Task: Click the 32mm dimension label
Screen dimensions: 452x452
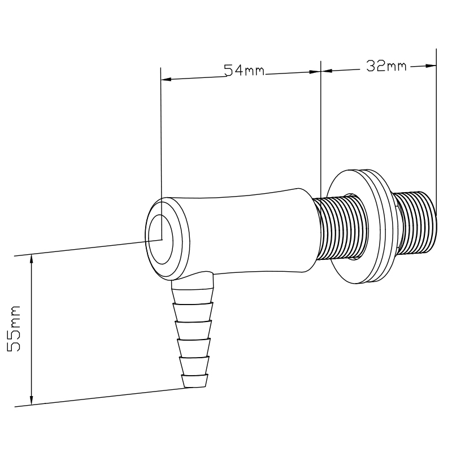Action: click(386, 66)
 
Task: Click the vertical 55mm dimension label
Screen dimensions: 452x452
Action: click(14, 328)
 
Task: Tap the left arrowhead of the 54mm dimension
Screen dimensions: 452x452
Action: click(165, 79)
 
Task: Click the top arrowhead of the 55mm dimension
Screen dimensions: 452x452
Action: click(32, 259)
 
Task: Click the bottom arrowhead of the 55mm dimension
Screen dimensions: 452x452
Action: click(32, 399)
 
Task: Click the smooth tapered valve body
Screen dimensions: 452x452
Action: click(249, 232)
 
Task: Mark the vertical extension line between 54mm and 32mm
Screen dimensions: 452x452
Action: click(320, 130)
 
